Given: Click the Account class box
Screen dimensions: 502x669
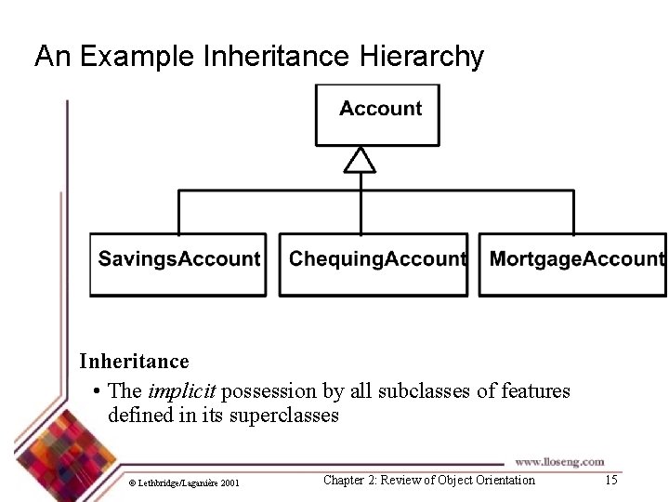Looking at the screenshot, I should (377, 114).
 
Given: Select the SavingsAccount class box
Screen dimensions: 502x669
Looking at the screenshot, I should (178, 264).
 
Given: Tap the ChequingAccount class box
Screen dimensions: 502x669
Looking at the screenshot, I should (374, 264).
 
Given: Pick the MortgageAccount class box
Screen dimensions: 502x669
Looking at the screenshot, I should (572, 264).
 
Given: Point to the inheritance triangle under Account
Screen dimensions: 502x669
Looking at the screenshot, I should (360, 161).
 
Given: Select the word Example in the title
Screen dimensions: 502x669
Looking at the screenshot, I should (137, 57).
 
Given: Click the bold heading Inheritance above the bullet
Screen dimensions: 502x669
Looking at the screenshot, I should (134, 361).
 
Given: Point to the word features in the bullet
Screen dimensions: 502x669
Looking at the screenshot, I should (535, 390).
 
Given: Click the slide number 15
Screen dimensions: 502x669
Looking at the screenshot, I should (610, 480).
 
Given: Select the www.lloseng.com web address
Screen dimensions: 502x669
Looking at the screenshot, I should (559, 461).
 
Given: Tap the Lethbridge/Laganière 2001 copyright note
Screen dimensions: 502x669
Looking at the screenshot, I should (184, 482).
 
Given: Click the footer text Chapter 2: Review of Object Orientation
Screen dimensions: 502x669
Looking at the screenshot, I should (429, 480).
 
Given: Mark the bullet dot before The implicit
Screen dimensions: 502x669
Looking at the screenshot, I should (98, 391).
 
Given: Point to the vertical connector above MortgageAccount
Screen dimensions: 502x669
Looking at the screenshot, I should (573, 212).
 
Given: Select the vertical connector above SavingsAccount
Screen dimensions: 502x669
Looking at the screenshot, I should (178, 212).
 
